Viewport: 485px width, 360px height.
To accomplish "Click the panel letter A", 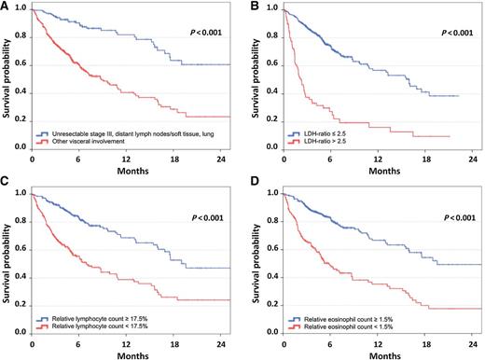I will coord(6,6).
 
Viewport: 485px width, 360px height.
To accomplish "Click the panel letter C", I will coord(6,187).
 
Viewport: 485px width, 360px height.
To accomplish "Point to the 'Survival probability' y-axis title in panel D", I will coord(256,260).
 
